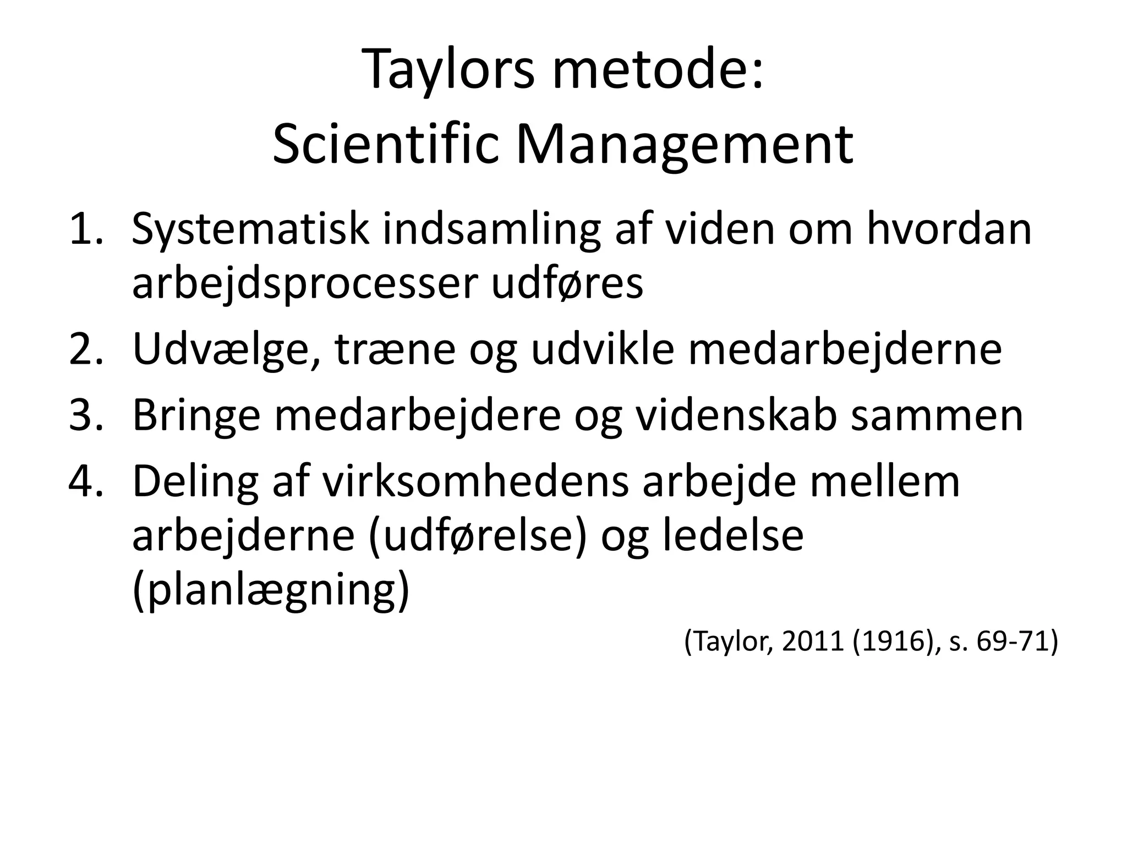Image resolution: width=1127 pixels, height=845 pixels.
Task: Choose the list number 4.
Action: point(86,481)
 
